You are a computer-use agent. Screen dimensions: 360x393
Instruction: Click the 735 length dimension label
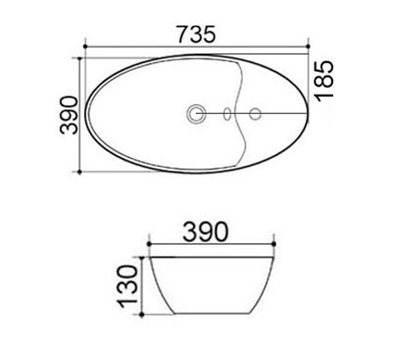point(196,34)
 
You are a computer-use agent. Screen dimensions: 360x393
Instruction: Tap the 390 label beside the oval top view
point(69,114)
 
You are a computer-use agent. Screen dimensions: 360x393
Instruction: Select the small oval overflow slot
point(228,114)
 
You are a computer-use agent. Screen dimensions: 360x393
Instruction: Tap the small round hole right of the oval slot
point(254,114)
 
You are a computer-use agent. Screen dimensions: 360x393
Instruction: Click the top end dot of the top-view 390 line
point(79,57)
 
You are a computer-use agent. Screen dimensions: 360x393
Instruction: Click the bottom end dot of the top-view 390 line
point(79,171)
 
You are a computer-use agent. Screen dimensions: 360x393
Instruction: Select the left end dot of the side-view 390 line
point(149,245)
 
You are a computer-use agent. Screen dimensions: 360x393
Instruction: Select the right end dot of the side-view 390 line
point(274,245)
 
